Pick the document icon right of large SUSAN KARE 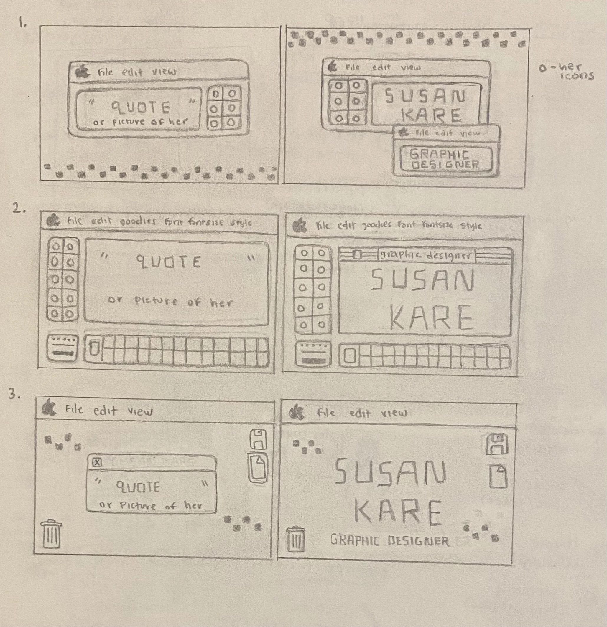click(x=498, y=476)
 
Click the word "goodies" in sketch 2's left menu click(x=138, y=221)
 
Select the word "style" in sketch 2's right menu click(x=471, y=226)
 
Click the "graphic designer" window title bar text click(x=426, y=256)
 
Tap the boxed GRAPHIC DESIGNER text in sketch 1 click(x=445, y=160)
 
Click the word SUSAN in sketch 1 click(x=425, y=96)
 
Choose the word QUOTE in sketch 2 click(x=169, y=262)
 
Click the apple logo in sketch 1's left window click(x=82, y=71)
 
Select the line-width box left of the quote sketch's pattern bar click(x=62, y=348)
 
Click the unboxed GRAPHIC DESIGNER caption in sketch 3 click(x=390, y=541)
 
